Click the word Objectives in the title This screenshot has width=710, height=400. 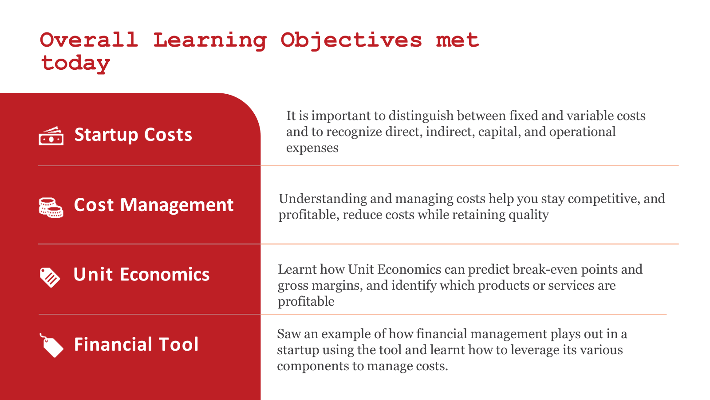(x=351, y=40)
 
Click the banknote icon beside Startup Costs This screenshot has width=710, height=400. (x=51, y=136)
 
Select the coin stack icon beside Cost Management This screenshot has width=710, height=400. (x=51, y=208)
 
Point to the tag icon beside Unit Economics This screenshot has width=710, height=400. (x=50, y=277)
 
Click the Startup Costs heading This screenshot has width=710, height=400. (x=133, y=135)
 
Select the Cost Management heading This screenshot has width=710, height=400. (x=154, y=205)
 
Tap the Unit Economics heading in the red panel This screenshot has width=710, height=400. (x=142, y=274)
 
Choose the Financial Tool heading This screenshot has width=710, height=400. (x=136, y=344)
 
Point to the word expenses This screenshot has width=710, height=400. (x=312, y=148)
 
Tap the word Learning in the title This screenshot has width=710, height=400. (x=210, y=40)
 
